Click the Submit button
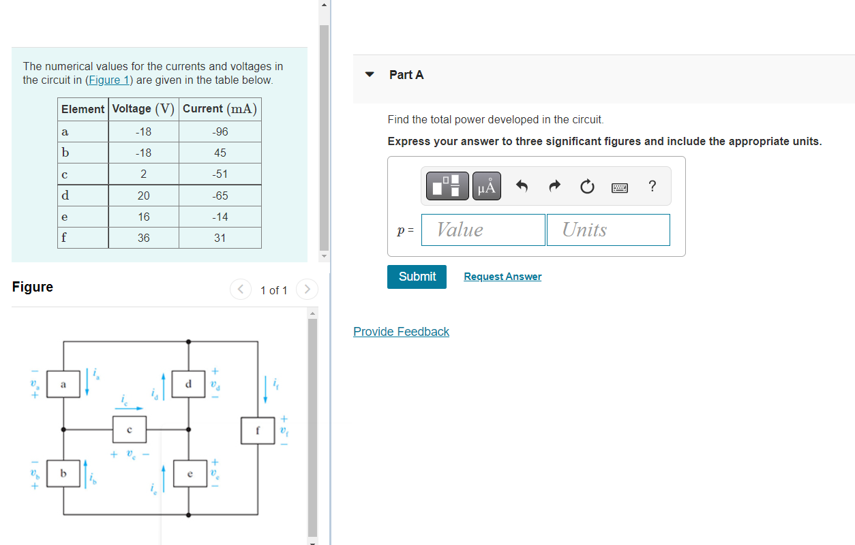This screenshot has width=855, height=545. pyautogui.click(x=417, y=277)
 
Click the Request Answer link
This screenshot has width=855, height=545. pyautogui.click(x=502, y=277)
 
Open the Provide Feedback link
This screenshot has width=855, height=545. pyautogui.click(x=401, y=332)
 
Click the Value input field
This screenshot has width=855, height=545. pyautogui.click(x=483, y=230)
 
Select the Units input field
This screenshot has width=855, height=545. pyautogui.click(x=608, y=230)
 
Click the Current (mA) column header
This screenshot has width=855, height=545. pyautogui.click(x=220, y=109)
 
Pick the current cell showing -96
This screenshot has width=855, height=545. pyautogui.click(x=220, y=131)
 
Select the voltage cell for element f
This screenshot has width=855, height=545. pyautogui.click(x=143, y=238)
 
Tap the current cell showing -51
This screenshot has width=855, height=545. pyautogui.click(x=220, y=174)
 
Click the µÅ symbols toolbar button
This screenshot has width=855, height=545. pyautogui.click(x=487, y=186)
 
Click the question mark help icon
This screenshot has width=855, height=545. pyautogui.click(x=652, y=186)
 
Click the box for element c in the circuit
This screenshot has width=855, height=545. pyautogui.click(x=129, y=430)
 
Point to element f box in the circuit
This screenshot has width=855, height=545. pyautogui.click(x=258, y=431)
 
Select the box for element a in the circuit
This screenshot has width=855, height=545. pyautogui.click(x=63, y=386)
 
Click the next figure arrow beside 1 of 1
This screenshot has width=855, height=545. pyautogui.click(x=307, y=290)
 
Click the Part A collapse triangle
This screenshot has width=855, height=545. pyautogui.click(x=370, y=75)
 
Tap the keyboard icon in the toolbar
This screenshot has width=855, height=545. pyautogui.click(x=620, y=187)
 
